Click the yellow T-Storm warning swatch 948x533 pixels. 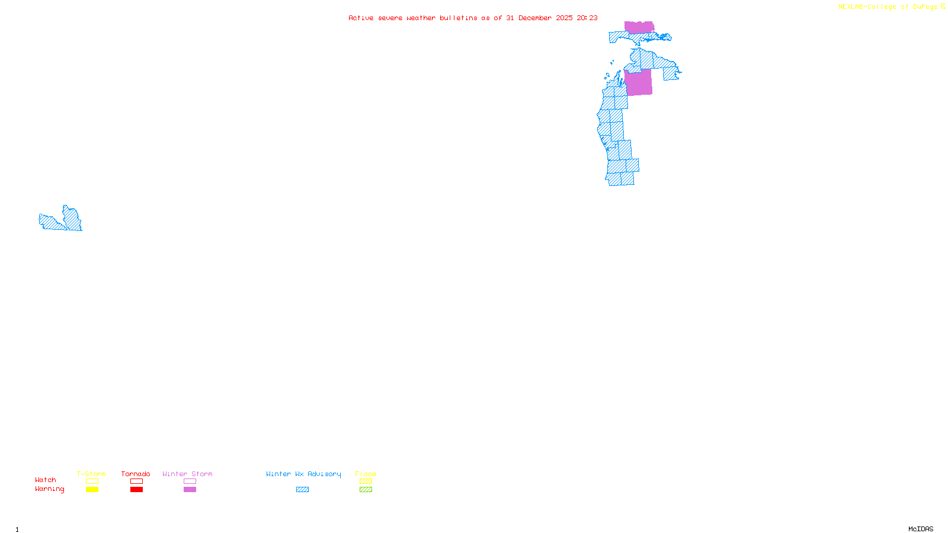tap(92, 490)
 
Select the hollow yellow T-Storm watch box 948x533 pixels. tap(92, 481)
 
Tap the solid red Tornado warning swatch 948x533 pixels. tap(136, 490)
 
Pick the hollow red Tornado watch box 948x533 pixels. tap(136, 481)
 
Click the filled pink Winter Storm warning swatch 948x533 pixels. tap(190, 490)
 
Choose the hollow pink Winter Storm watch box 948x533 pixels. tap(190, 481)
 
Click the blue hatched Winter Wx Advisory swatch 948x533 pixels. tap(302, 490)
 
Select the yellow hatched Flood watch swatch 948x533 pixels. tap(366, 481)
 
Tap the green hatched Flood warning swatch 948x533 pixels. tap(366, 490)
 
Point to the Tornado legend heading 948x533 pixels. tap(136, 474)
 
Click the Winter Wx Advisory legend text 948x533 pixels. tap(303, 474)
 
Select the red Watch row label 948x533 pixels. tap(46, 480)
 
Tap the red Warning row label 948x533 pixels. tap(49, 489)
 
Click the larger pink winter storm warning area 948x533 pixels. tap(638, 82)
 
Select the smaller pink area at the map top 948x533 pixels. tap(639, 27)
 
